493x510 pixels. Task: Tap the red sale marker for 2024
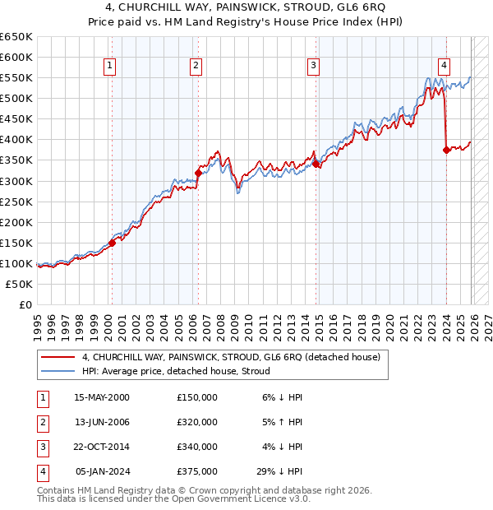click(x=446, y=150)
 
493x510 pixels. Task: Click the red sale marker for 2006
click(x=198, y=173)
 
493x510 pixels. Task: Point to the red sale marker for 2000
click(x=112, y=243)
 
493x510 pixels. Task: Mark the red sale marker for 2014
click(x=316, y=165)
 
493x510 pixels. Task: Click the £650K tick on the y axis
click(x=16, y=37)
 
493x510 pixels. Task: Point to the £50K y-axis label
click(x=20, y=284)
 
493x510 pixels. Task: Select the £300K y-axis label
click(x=16, y=181)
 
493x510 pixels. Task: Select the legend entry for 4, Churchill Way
click(x=230, y=358)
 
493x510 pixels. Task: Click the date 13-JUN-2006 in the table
click(x=102, y=422)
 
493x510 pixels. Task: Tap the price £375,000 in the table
click(x=197, y=471)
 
